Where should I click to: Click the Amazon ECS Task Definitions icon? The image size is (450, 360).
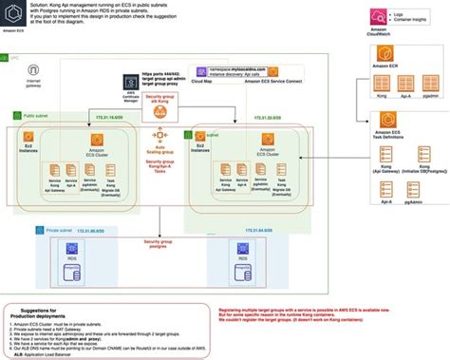click(x=384, y=119)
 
